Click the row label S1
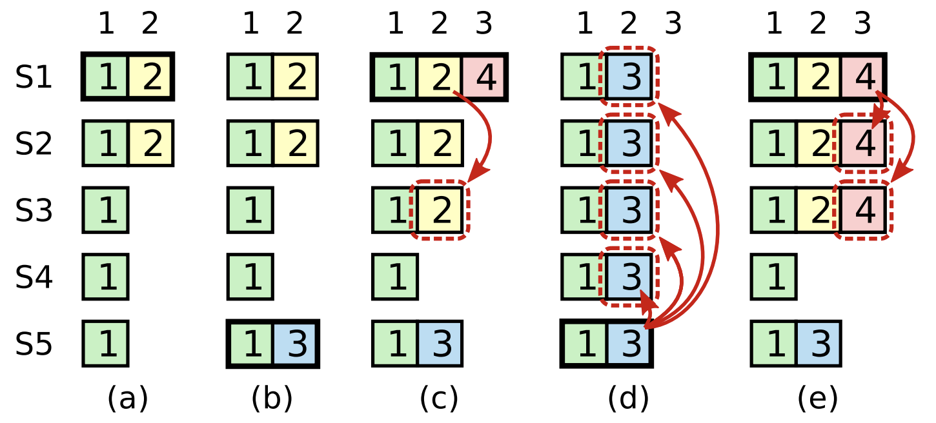tap(34, 78)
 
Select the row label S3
tap(34, 211)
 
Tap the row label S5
tap(34, 345)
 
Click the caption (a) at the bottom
tap(127, 398)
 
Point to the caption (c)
tap(439, 398)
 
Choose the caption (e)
tap(817, 398)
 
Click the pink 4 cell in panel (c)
tap(485, 77)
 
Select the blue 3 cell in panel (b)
tap(296, 344)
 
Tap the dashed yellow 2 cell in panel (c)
tap(440, 210)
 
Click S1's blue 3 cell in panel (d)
tap(629, 77)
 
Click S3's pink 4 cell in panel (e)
tap(864, 210)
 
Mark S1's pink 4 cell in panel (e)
tap(863, 77)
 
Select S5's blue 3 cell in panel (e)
tap(819, 344)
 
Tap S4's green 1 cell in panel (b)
tap(250, 277)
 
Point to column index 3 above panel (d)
tap(673, 25)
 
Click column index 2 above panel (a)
tap(150, 25)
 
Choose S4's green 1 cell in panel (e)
tap(774, 277)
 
